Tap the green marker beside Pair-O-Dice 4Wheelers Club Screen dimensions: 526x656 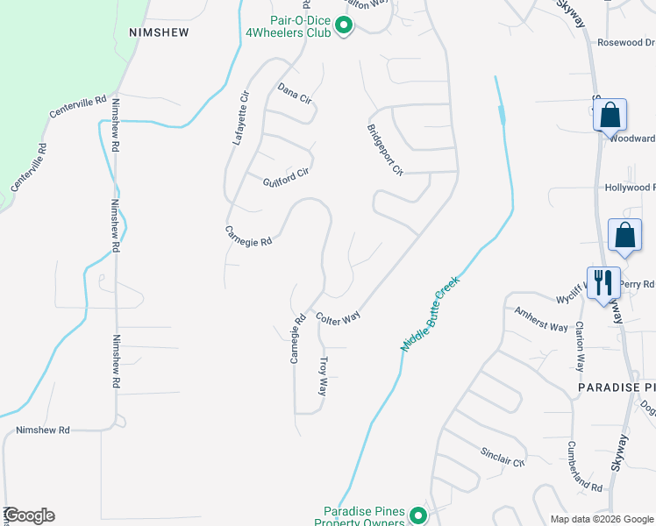[x=344, y=27]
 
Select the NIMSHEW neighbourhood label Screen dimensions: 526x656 [x=159, y=31]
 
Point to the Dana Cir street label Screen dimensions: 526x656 [x=295, y=94]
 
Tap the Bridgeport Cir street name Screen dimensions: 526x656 [x=384, y=148]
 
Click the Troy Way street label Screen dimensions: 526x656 [x=323, y=375]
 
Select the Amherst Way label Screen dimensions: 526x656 [x=541, y=319]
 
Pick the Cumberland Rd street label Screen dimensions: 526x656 [x=584, y=466]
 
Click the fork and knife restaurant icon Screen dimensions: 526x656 [x=603, y=283]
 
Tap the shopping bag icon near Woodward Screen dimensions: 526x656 [x=610, y=115]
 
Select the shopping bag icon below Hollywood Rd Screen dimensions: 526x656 [x=625, y=235]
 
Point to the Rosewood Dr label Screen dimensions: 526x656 [x=625, y=41]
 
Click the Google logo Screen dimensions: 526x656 [x=29, y=515]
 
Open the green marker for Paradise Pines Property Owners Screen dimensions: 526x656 [x=418, y=515]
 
